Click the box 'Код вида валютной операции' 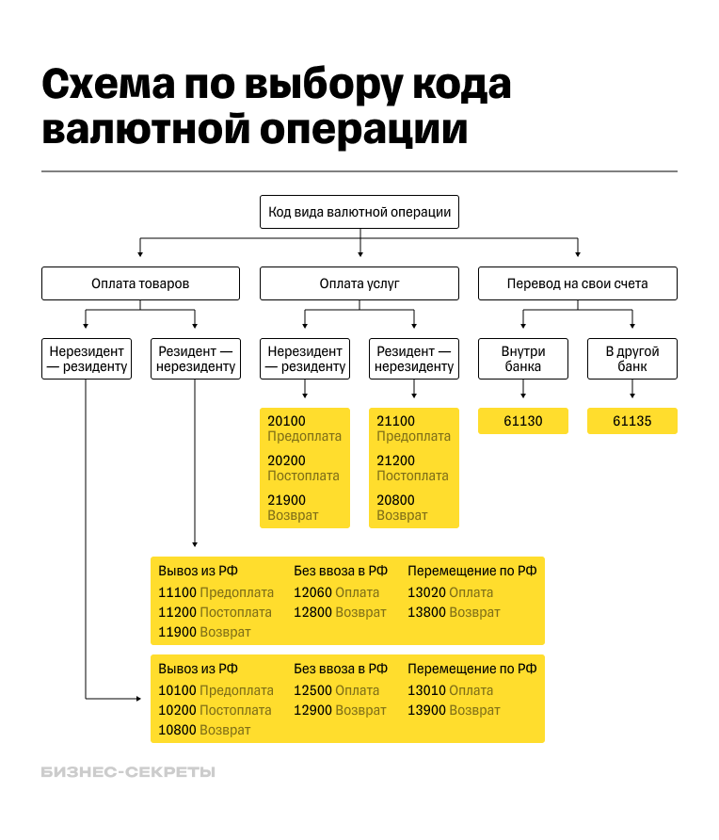click(359, 213)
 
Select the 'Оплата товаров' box click(140, 283)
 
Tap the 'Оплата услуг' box click(359, 283)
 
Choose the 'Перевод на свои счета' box click(577, 283)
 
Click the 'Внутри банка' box click(523, 359)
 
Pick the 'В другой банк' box click(632, 359)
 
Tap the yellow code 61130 click(523, 421)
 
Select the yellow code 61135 click(632, 421)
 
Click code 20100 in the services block click(286, 421)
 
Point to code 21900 click(286, 500)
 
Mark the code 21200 click(395, 460)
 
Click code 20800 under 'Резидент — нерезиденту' click(395, 500)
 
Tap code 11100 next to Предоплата click(177, 592)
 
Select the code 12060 click(312, 592)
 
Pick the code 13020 click(426, 592)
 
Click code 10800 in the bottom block click(177, 730)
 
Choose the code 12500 click(312, 690)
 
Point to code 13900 click(426, 710)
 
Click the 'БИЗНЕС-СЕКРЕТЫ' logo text click(128, 772)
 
